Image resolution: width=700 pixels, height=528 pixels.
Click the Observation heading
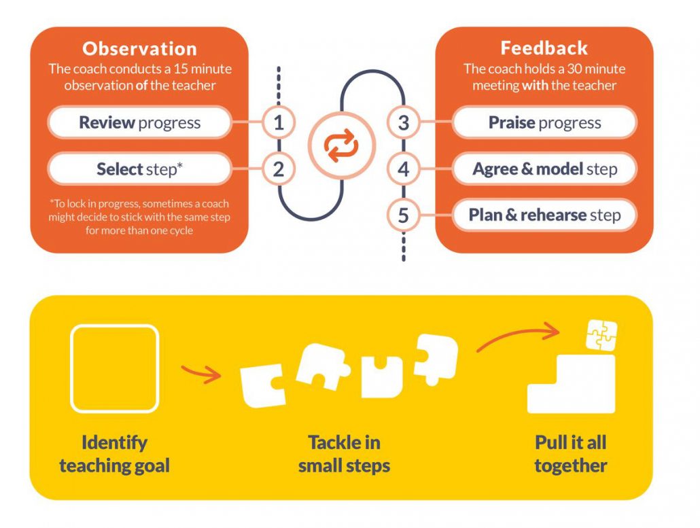coord(139,49)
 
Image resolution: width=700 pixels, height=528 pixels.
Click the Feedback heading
coord(544,48)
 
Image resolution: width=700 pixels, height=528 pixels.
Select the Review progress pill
coord(140,123)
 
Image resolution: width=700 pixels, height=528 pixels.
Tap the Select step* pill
coord(140,169)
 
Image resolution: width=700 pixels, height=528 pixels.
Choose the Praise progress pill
coord(544,123)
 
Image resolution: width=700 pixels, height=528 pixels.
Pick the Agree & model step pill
coord(544,169)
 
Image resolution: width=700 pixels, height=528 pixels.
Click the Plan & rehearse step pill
coord(544,215)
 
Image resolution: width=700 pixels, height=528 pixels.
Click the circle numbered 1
coord(278,123)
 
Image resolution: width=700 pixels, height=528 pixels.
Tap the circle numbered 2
coord(278,169)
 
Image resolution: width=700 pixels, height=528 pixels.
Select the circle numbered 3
coord(404,123)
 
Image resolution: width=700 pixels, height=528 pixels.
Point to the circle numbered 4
coord(404,169)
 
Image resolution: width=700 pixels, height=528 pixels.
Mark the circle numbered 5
coord(404,215)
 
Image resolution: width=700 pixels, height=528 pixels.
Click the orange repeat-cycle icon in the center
coord(340,146)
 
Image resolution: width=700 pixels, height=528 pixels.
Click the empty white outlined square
coord(115,368)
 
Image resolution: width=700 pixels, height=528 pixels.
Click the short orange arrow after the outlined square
coord(200,372)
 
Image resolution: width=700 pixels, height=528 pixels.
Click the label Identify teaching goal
coord(114,454)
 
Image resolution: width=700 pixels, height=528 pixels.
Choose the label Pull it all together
coord(570,454)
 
